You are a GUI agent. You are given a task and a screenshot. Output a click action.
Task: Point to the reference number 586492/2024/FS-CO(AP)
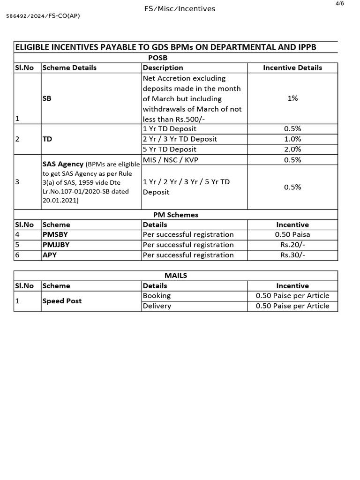43,16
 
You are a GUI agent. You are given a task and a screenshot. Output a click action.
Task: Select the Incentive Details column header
292,67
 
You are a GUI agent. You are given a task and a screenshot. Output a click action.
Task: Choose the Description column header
163,67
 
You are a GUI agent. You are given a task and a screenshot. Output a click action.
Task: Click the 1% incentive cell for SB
292,98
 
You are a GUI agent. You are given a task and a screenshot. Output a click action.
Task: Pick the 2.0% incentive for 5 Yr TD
292,149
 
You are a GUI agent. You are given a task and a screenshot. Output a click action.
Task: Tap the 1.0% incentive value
292,139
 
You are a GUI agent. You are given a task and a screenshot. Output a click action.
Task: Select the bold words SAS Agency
63,164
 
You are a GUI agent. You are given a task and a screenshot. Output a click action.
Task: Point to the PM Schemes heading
176,215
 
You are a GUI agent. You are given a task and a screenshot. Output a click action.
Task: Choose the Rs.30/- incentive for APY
292,255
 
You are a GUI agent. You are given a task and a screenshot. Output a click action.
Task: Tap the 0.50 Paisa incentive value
292,234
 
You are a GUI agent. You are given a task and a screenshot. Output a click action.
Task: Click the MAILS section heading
176,275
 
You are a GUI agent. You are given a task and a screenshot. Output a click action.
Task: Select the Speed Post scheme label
62,301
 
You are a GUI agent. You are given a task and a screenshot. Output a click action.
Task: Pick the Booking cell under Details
157,296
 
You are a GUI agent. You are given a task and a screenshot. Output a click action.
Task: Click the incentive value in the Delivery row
292,306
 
